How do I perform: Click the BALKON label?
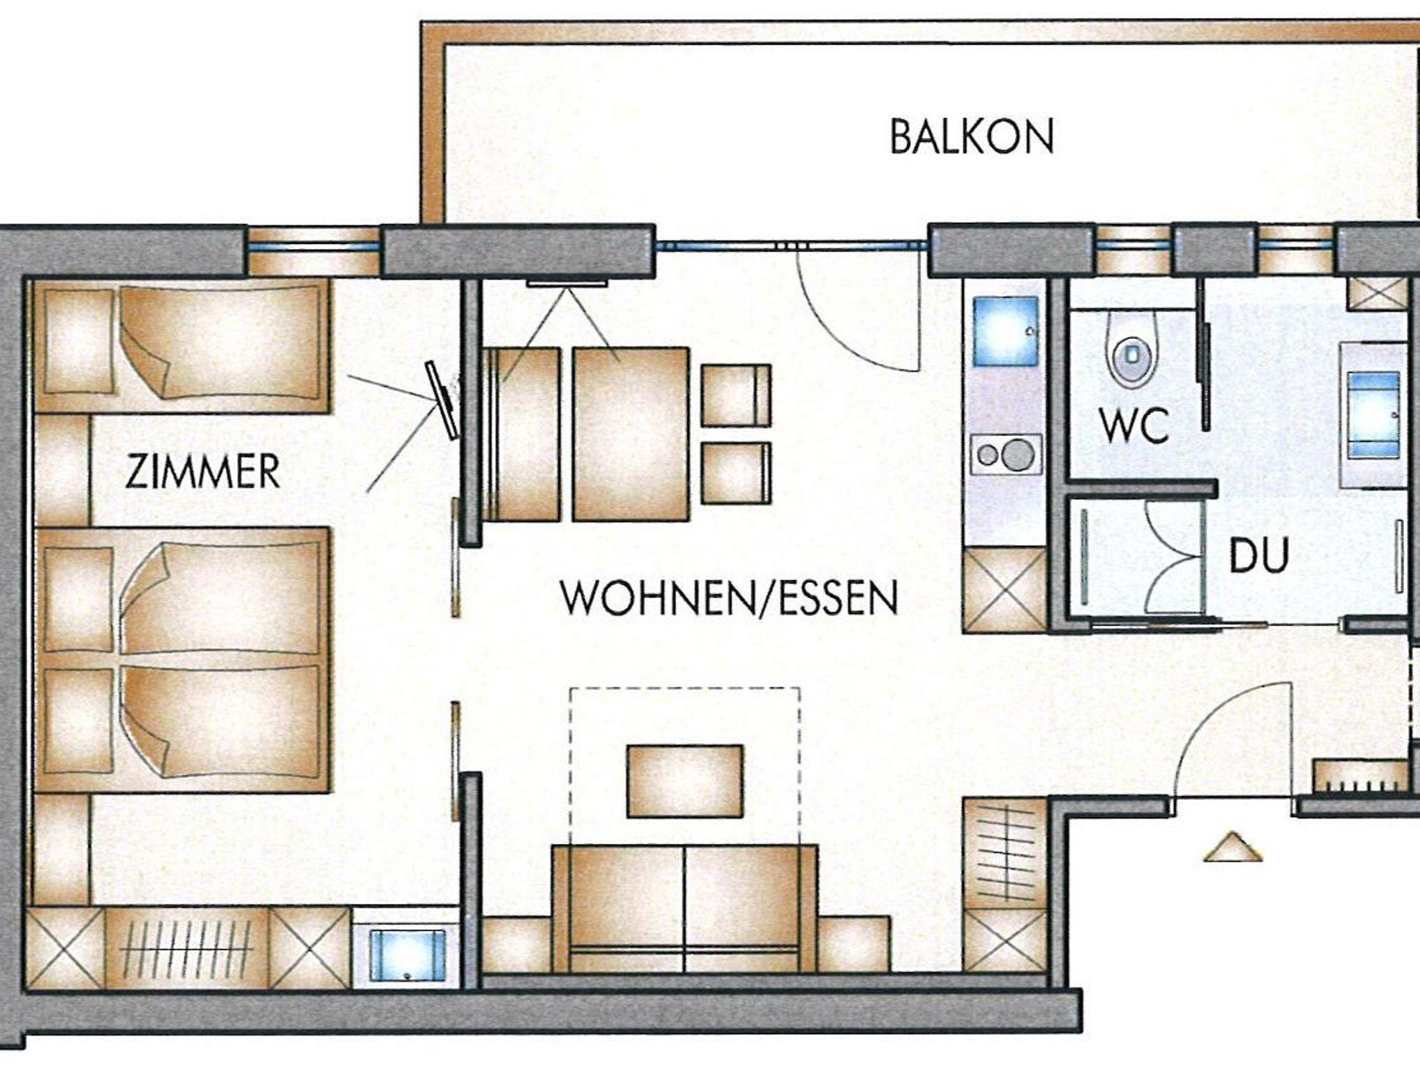click(971, 137)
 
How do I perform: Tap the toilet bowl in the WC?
click(1132, 350)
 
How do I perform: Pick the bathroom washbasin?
click(1374, 414)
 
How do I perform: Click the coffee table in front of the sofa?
click(685, 781)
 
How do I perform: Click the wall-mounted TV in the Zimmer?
click(442, 401)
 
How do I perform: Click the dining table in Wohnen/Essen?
click(631, 434)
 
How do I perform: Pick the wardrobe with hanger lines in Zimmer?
click(187, 947)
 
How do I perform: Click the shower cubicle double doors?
click(1172, 554)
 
